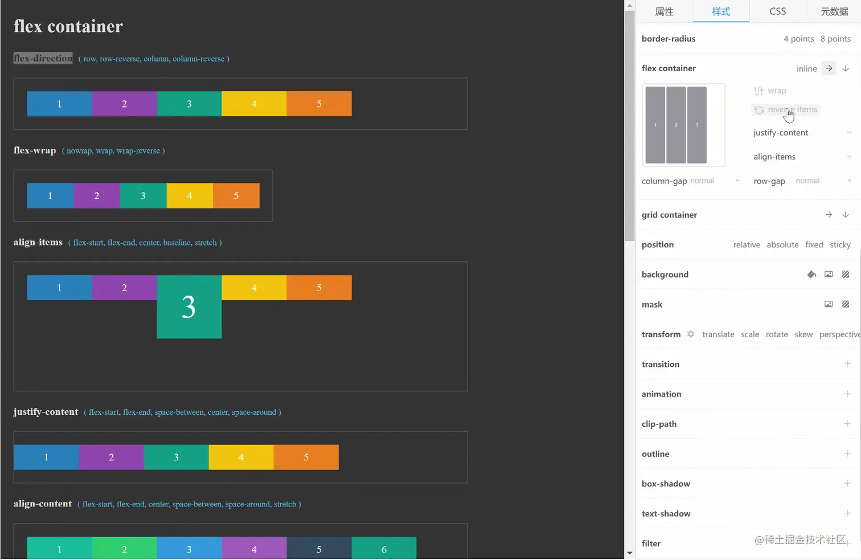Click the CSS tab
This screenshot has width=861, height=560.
777,11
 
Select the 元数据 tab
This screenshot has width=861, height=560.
834,11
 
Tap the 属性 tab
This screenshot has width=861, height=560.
664,11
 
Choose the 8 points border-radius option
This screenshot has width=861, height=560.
835,39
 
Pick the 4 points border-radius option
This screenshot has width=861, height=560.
798,39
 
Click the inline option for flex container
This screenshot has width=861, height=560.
806,68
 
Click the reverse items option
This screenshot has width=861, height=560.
792,109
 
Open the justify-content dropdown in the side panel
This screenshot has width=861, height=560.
849,133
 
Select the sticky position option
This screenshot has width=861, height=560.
840,244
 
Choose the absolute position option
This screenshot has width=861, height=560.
782,244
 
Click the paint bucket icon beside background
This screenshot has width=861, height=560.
811,275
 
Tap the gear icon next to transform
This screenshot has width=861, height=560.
691,334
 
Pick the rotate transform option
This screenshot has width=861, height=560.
777,334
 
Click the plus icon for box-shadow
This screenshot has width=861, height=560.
847,484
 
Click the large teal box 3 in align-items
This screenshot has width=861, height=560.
189,307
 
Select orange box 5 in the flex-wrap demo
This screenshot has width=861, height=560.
236,196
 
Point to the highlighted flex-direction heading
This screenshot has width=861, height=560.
43,58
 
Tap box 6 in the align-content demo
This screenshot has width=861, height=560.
384,549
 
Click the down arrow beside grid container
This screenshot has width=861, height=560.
846,215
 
